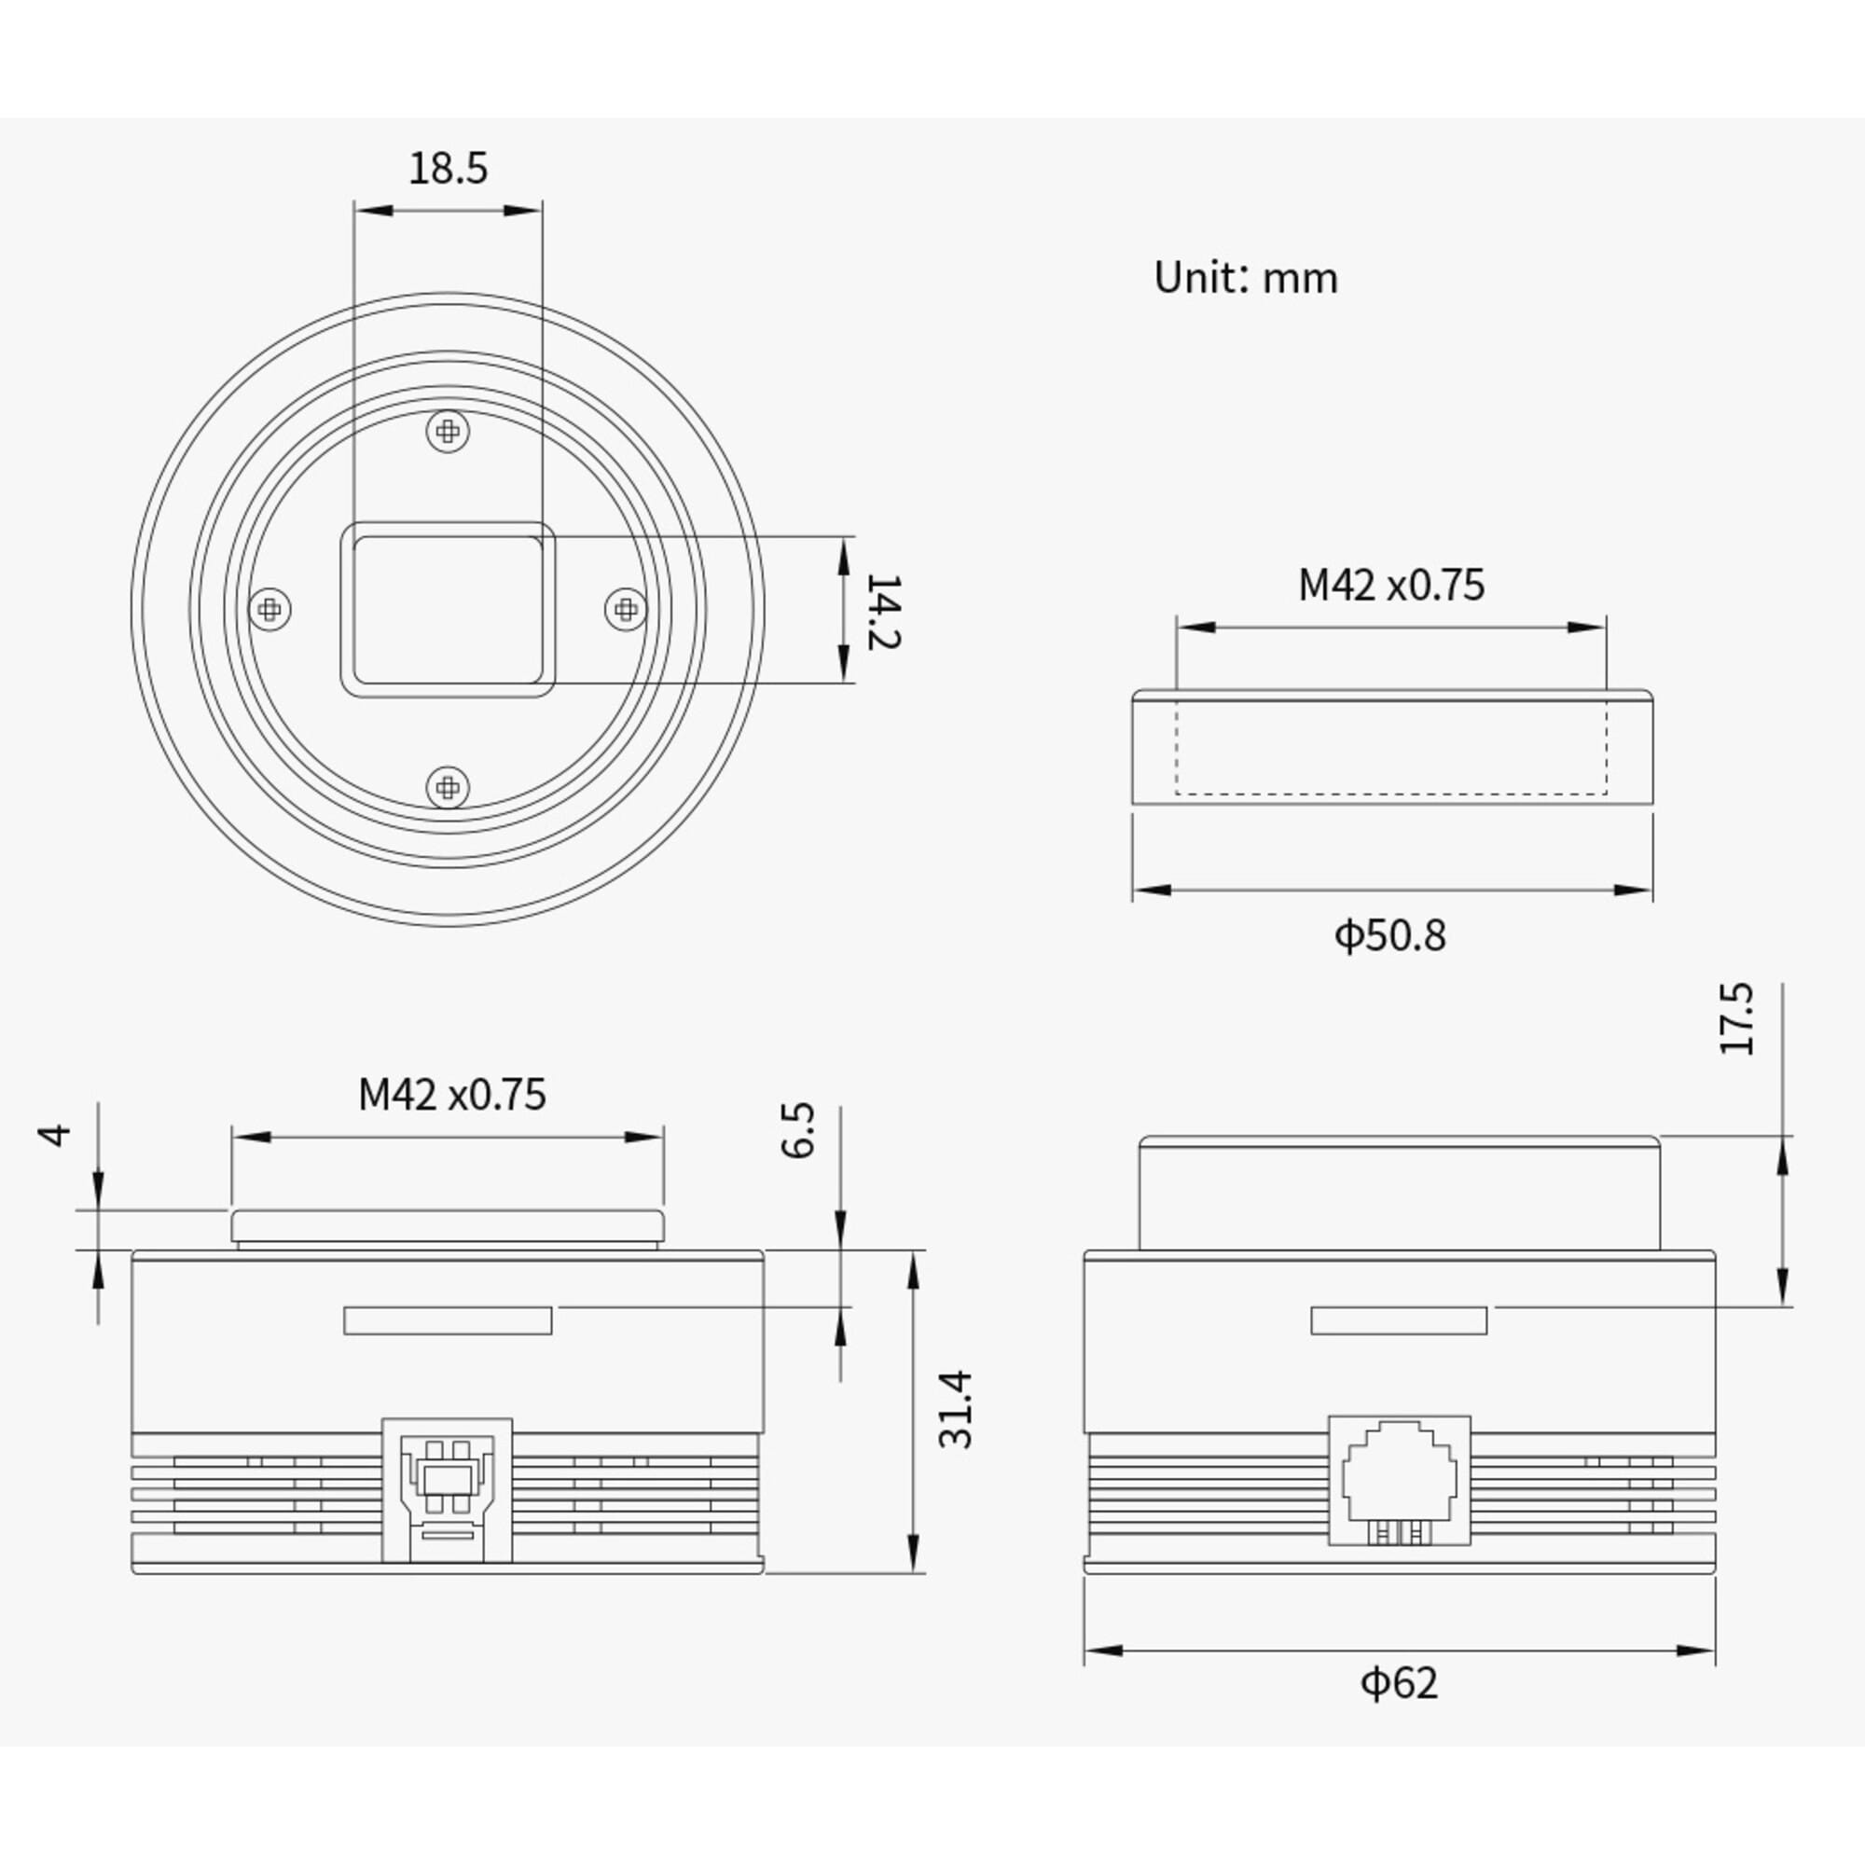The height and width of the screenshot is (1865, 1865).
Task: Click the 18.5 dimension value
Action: [x=448, y=168]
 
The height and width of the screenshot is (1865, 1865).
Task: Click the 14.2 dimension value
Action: [x=882, y=611]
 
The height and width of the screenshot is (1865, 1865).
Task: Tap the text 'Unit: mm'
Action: [x=1246, y=278]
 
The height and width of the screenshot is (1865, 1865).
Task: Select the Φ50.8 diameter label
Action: [x=1390, y=935]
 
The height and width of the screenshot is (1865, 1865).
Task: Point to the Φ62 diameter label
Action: [x=1399, y=1682]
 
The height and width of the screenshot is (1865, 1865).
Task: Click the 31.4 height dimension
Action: [x=956, y=1409]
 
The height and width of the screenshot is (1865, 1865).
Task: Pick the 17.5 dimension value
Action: [x=1737, y=1018]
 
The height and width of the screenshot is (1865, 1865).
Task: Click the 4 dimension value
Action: [x=57, y=1134]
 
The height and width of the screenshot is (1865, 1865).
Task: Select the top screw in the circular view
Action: [x=448, y=431]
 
